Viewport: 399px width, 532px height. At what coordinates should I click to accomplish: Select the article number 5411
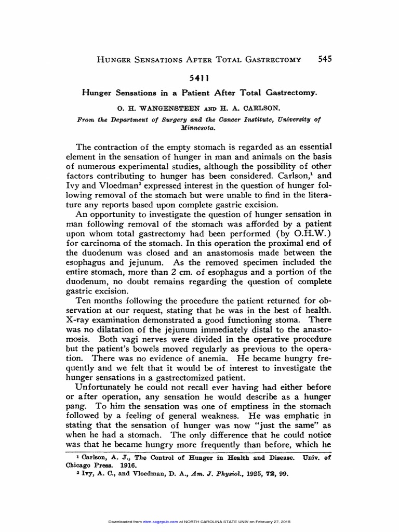pyautogui.click(x=199, y=78)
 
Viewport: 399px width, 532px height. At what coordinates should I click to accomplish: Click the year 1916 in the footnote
pyautogui.click(x=127, y=465)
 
